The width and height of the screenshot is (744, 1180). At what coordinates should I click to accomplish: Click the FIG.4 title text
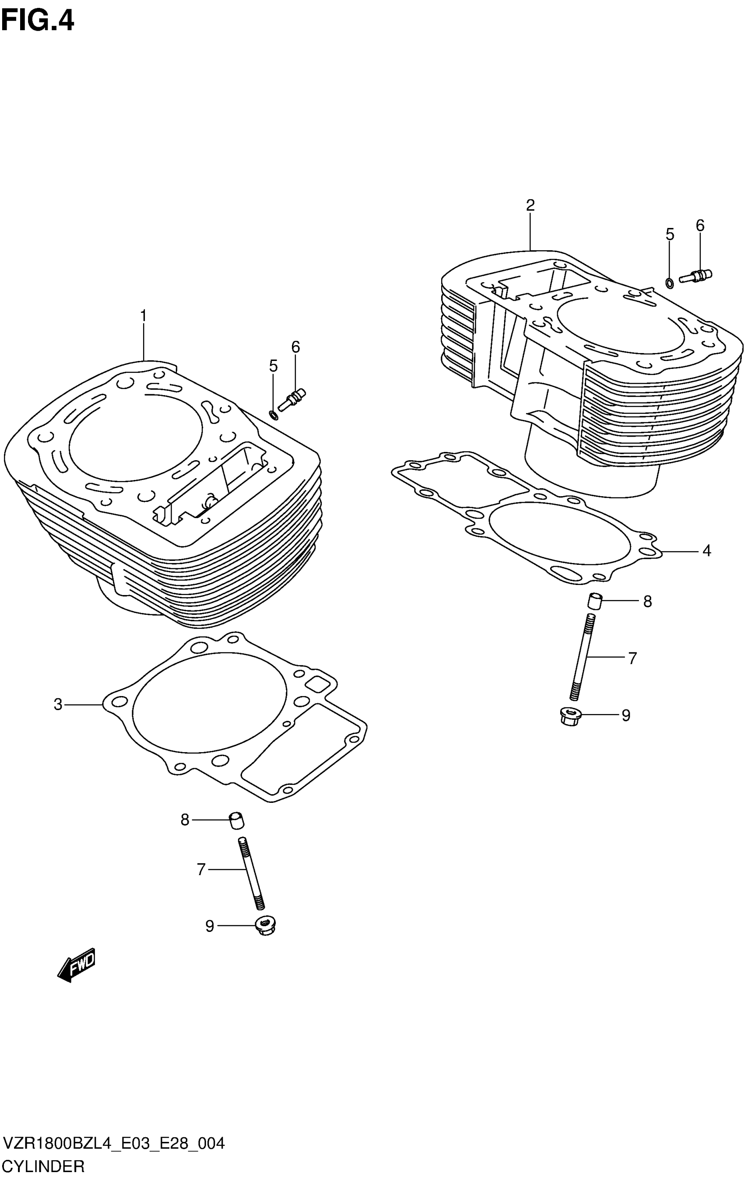click(37, 21)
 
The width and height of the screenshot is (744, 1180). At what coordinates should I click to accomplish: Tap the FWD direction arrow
click(77, 965)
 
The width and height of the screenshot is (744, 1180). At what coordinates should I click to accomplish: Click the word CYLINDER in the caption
click(44, 1166)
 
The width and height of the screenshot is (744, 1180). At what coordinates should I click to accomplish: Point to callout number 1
click(143, 316)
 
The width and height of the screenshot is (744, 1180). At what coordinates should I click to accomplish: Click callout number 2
click(530, 205)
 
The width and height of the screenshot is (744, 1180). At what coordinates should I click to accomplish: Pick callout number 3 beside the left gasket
click(58, 705)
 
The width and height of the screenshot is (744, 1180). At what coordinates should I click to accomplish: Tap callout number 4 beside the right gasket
click(706, 551)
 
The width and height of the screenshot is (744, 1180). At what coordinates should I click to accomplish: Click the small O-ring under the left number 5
click(274, 416)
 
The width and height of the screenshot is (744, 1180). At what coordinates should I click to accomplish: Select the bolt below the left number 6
click(291, 399)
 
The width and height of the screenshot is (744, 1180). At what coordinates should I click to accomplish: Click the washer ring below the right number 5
click(669, 283)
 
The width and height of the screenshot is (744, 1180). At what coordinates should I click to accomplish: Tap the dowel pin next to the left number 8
click(237, 820)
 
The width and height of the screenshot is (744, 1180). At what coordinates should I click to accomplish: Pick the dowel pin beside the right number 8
click(594, 601)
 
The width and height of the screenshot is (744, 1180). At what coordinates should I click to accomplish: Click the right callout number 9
click(625, 715)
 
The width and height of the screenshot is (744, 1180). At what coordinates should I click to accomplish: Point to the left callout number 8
click(185, 819)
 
